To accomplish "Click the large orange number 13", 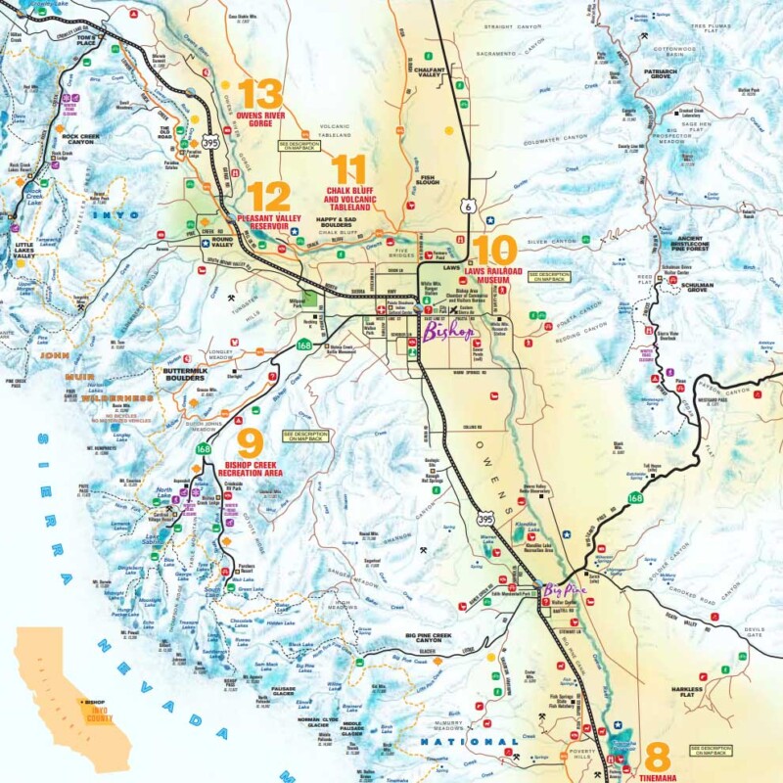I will (x=259, y=94).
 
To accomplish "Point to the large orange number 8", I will (x=658, y=757).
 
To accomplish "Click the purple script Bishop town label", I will (x=448, y=332).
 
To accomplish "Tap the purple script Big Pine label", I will (x=565, y=590).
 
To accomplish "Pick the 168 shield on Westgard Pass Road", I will (x=636, y=498).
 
